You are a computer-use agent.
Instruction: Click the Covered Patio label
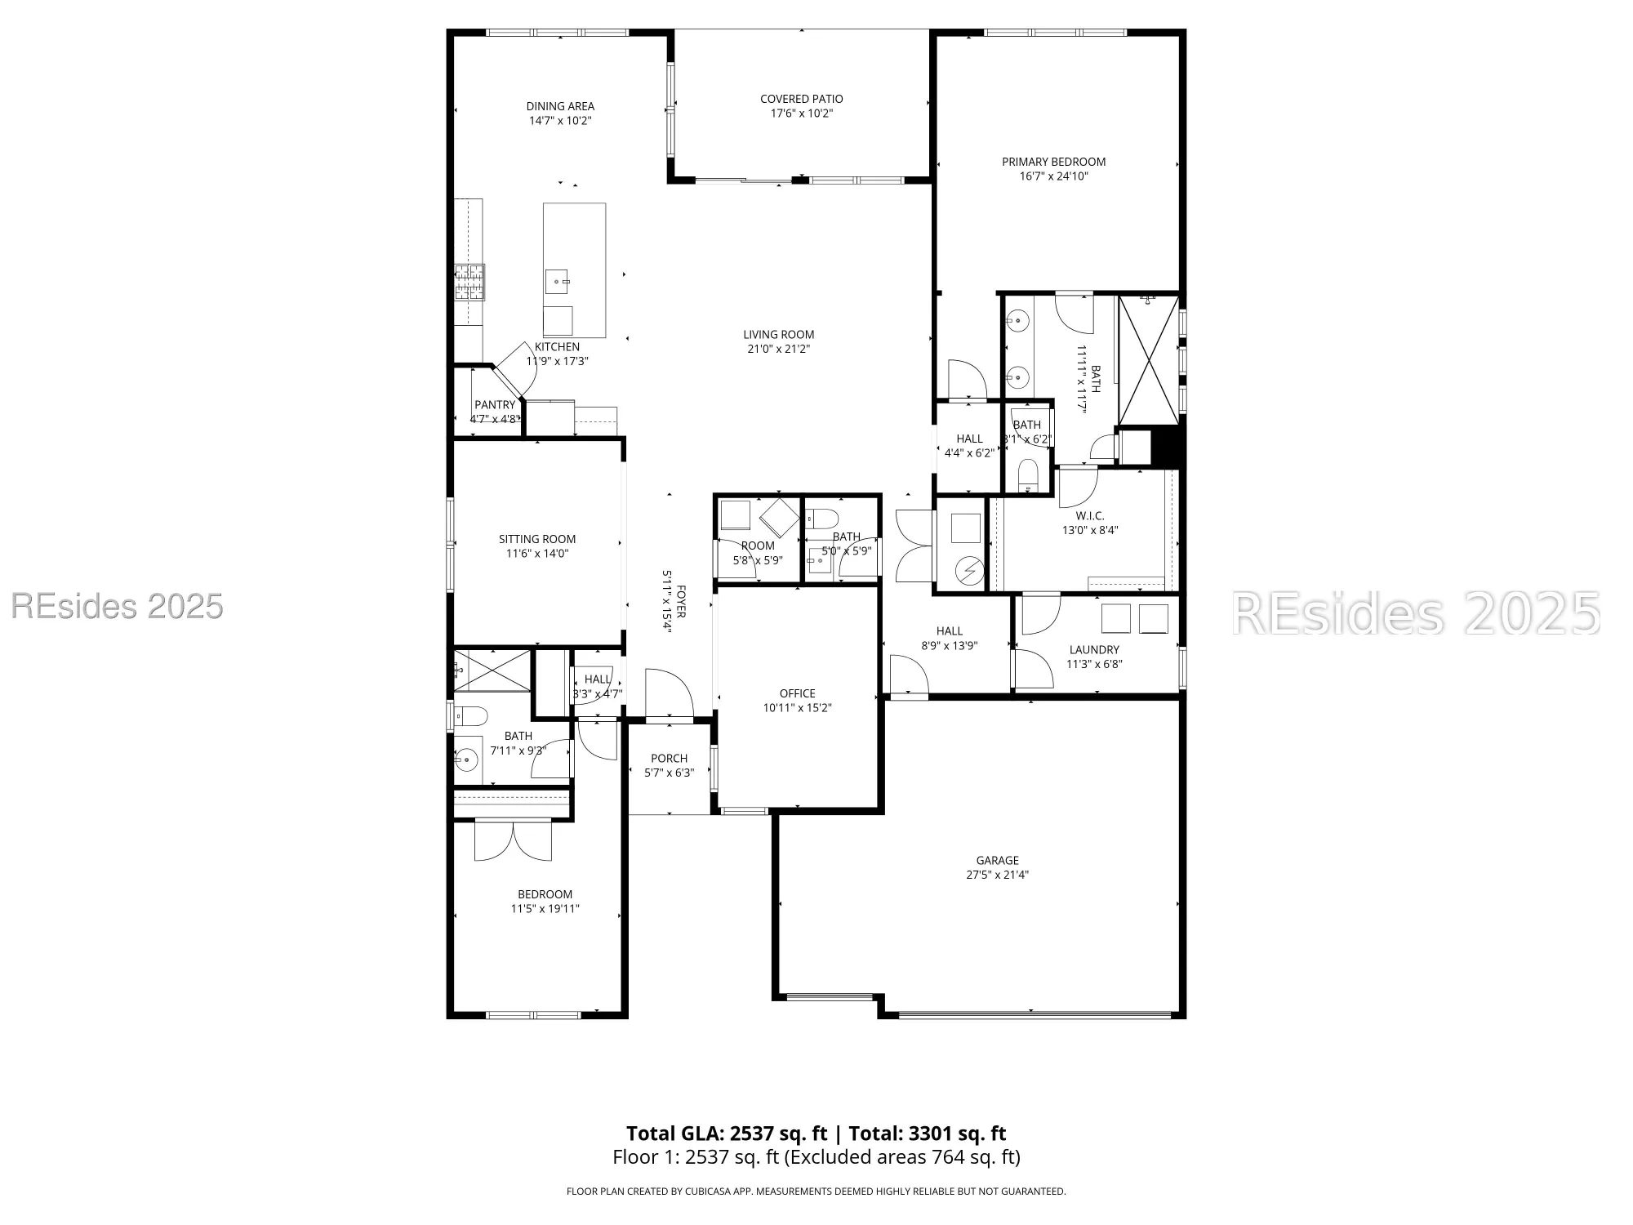[x=801, y=99]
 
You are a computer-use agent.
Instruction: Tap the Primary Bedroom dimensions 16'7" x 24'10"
[x=1053, y=176]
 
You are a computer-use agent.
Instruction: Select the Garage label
[x=997, y=860]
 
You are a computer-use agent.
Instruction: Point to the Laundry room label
[x=1094, y=650]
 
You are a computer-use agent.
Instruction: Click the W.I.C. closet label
[x=1089, y=515]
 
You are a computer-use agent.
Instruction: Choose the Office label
[x=797, y=693]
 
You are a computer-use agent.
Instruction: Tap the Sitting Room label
[x=537, y=539]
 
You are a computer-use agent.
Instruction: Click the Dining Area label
[x=560, y=106]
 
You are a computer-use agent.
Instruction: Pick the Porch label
[x=669, y=758]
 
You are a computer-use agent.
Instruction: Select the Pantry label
[x=495, y=404]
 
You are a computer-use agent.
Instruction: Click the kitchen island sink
[x=558, y=282]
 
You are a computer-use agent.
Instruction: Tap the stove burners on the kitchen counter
[x=469, y=283]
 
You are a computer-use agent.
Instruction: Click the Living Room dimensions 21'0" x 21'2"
[x=778, y=349]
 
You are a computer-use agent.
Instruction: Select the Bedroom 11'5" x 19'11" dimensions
[x=545, y=908]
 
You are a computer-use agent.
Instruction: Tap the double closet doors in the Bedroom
[x=513, y=840]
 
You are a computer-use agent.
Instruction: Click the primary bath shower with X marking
[x=1148, y=360]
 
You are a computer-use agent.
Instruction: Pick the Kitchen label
[x=557, y=347]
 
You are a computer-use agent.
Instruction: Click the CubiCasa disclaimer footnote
[x=816, y=1192]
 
